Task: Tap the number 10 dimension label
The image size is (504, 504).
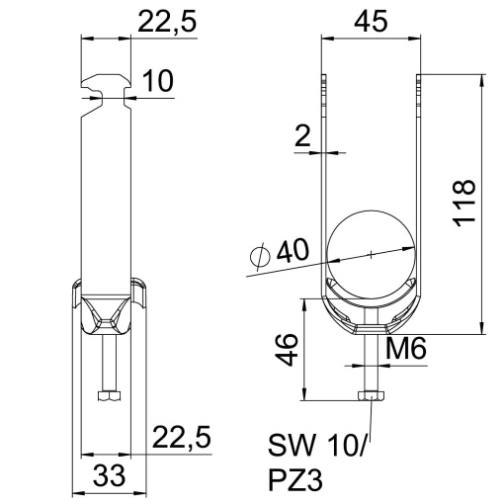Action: coord(157,82)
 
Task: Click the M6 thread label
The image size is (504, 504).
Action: coord(406,347)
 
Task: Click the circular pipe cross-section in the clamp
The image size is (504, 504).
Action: coord(371,255)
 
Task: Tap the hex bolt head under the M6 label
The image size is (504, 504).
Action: coord(370,397)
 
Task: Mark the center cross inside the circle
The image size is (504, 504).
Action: coord(371,255)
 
